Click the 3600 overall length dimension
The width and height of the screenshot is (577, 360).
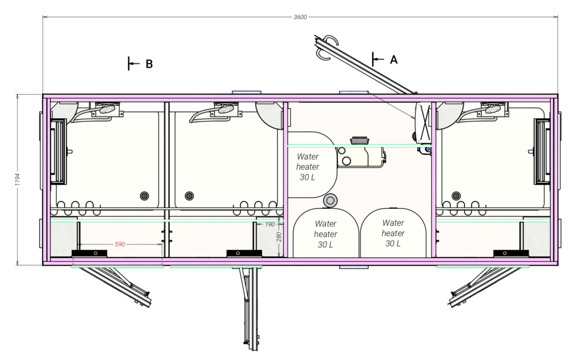tap(300, 17)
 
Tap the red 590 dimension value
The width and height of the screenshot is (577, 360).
tap(119, 244)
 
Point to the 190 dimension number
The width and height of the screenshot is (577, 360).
tap(269, 225)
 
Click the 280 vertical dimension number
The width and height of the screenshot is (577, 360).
tap(279, 237)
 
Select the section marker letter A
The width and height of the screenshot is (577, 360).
tap(394, 59)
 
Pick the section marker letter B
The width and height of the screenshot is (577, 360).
tap(149, 64)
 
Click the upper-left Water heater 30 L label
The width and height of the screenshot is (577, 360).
tap(308, 167)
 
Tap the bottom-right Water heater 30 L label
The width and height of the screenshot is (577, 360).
tap(393, 233)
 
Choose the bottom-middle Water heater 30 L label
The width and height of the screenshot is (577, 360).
tap(325, 234)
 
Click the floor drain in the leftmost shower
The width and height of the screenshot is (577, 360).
tap(145, 195)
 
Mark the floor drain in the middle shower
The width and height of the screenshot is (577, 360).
tap(189, 195)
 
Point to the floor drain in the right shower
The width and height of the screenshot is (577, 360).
tap(457, 195)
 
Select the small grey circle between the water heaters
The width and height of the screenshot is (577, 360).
tap(330, 200)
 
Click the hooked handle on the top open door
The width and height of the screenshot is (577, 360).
tap(327, 46)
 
